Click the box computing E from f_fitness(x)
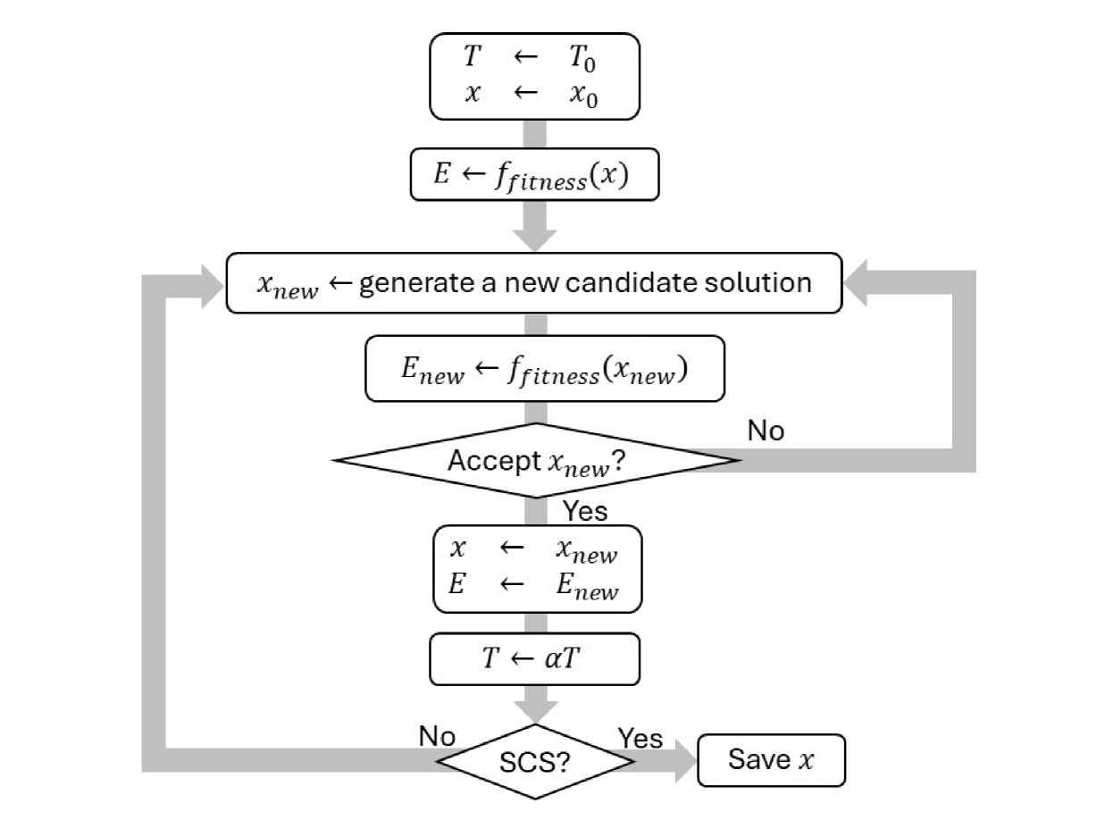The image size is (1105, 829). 534,176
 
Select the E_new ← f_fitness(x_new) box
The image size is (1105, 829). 544,368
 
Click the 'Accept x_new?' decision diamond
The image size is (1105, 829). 536,461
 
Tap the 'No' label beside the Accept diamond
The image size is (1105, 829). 766,431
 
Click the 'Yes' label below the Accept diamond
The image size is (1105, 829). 584,511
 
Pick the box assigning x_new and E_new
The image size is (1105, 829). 537,568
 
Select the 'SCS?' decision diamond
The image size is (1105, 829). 535,762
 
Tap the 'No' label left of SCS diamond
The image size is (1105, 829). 437,737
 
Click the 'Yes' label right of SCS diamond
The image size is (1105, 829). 640,738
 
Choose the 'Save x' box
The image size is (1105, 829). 770,761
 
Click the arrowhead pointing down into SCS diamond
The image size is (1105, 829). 536,710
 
